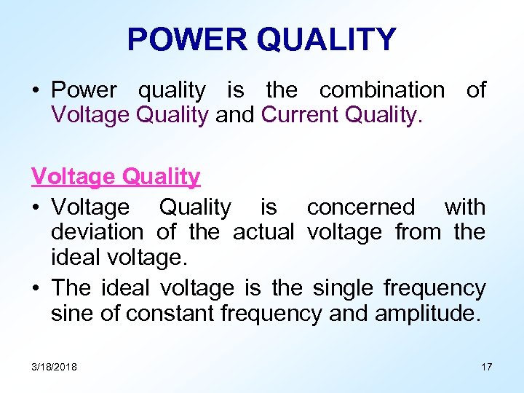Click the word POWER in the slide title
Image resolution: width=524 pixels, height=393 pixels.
(186, 39)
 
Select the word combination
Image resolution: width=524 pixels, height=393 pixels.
(381, 90)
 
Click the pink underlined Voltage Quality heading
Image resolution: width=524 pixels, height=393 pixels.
(116, 176)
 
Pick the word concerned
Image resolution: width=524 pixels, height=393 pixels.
(360, 207)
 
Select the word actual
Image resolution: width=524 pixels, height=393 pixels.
(263, 232)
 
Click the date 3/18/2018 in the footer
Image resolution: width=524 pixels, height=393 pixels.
(54, 367)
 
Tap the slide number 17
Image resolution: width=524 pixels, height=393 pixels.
(486, 367)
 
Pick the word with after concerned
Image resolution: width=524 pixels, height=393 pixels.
(464, 207)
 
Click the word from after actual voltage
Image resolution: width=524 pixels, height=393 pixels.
(413, 232)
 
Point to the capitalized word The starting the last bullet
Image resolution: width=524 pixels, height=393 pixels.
(71, 288)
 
